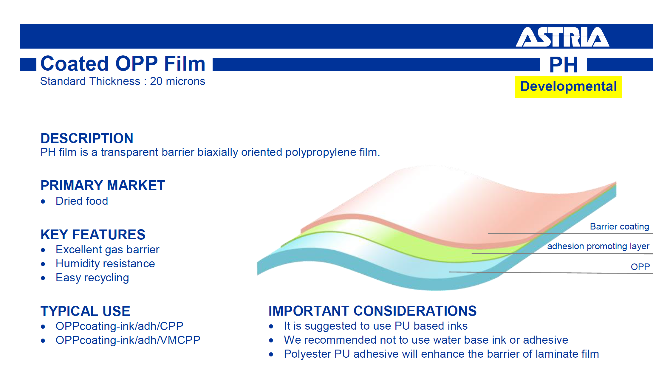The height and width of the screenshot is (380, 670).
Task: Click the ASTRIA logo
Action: (x=562, y=37)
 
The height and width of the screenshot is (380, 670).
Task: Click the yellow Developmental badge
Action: (x=568, y=87)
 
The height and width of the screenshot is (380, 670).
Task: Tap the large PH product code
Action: (x=564, y=65)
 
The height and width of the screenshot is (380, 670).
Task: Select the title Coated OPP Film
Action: (x=123, y=63)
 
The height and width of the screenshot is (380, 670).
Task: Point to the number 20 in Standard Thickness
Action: (x=156, y=81)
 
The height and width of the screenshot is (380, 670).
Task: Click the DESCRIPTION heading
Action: (x=87, y=138)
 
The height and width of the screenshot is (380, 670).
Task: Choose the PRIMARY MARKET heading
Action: (x=103, y=185)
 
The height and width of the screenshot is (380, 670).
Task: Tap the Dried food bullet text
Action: (x=82, y=201)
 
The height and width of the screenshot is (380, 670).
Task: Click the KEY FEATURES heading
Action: (x=93, y=235)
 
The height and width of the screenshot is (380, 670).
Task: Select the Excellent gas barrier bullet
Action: (x=107, y=250)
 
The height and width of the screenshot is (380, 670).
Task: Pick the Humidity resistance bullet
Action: (x=105, y=264)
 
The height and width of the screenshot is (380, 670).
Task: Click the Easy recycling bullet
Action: (x=92, y=278)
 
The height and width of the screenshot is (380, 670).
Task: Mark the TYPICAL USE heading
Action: (x=85, y=311)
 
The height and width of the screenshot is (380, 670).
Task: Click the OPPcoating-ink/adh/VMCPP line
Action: (x=128, y=340)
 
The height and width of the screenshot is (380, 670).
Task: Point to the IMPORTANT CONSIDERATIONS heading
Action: (x=372, y=311)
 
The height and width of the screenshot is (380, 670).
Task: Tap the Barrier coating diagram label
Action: (x=619, y=227)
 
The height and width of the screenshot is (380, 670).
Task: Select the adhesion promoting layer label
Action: (x=598, y=246)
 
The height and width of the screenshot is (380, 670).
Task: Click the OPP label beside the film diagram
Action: (x=640, y=266)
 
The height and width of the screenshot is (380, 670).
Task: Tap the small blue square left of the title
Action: (x=28, y=65)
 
